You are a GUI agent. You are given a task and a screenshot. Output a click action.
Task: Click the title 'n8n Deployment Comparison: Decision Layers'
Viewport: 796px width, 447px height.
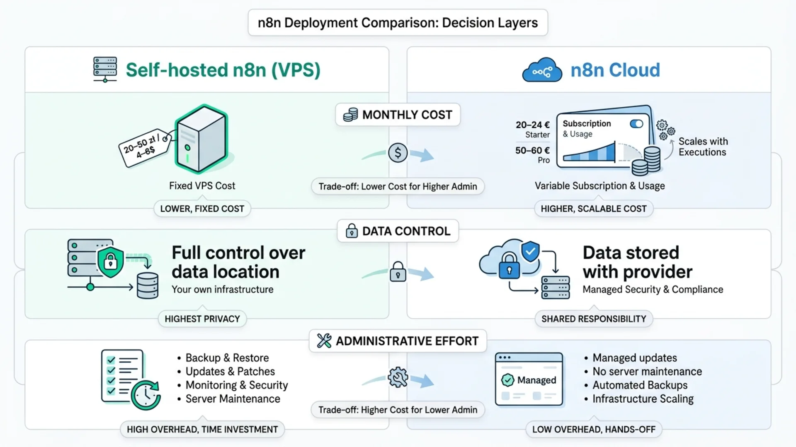click(x=398, y=22)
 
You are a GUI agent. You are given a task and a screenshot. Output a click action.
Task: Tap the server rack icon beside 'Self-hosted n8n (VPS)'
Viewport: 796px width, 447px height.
click(x=105, y=69)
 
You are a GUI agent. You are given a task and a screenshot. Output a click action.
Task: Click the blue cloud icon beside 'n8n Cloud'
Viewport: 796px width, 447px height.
click(x=542, y=70)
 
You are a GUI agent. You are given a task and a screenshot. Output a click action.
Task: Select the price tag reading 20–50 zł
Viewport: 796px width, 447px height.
click(x=145, y=147)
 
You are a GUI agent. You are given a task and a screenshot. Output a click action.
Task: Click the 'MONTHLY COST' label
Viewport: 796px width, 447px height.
click(x=398, y=115)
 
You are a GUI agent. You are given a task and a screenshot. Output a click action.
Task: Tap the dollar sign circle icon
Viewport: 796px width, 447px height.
click(x=398, y=153)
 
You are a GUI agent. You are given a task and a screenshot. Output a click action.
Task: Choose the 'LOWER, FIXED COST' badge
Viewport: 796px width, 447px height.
click(x=202, y=209)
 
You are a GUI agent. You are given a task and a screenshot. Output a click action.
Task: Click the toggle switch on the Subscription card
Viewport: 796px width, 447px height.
click(x=636, y=124)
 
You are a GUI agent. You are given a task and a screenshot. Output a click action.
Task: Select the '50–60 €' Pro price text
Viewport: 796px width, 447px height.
click(x=532, y=150)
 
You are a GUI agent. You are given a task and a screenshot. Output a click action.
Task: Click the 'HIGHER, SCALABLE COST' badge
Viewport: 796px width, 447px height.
click(x=594, y=209)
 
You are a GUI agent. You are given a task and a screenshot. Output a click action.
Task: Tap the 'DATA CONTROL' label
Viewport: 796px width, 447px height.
click(x=398, y=231)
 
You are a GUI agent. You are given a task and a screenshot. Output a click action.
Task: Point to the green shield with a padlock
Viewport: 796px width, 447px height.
click(x=110, y=262)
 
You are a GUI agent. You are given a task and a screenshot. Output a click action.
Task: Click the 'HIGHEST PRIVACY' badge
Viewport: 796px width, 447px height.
click(x=202, y=319)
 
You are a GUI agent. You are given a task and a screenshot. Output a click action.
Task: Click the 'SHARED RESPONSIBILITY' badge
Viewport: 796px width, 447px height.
click(x=594, y=319)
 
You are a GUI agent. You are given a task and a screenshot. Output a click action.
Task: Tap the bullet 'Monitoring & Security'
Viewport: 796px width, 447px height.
click(x=237, y=385)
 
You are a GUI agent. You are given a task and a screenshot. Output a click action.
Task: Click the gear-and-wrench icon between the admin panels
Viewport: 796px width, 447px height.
click(x=398, y=377)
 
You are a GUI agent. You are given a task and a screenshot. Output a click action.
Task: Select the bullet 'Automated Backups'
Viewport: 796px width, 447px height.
click(x=640, y=385)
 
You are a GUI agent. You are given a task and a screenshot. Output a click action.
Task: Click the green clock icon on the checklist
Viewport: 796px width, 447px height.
click(x=146, y=395)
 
